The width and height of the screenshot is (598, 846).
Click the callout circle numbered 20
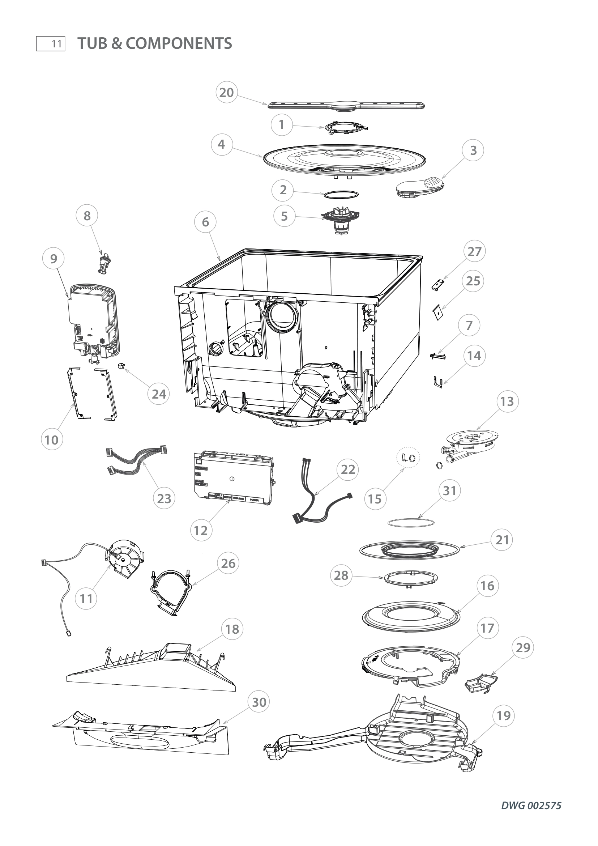[226, 92]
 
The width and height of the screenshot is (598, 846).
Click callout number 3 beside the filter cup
[474, 150]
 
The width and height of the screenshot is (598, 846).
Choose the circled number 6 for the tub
[205, 222]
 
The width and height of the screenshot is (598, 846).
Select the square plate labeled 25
[438, 313]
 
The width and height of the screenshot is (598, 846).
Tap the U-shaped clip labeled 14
[437, 382]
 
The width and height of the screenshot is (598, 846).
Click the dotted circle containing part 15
[408, 457]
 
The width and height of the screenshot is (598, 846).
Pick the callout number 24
[159, 394]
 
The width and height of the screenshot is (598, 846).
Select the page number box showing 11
[51, 44]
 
